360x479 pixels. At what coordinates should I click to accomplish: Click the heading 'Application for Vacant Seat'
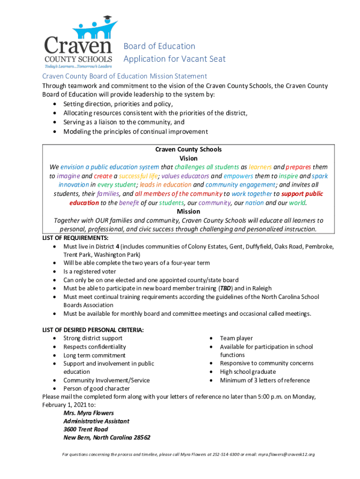[174, 58]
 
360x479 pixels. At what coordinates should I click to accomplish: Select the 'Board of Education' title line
[159, 46]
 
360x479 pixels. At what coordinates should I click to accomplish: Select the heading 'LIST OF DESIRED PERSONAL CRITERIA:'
[93, 330]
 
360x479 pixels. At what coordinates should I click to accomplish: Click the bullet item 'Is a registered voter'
[90, 271]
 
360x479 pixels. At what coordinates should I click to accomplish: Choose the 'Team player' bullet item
[236, 338]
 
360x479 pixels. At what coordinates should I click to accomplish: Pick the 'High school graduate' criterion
[248, 372]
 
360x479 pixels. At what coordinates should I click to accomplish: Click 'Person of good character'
[97, 388]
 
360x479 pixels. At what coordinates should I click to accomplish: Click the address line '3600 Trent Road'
[86, 429]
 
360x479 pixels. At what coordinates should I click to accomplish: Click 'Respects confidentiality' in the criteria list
[94, 347]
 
